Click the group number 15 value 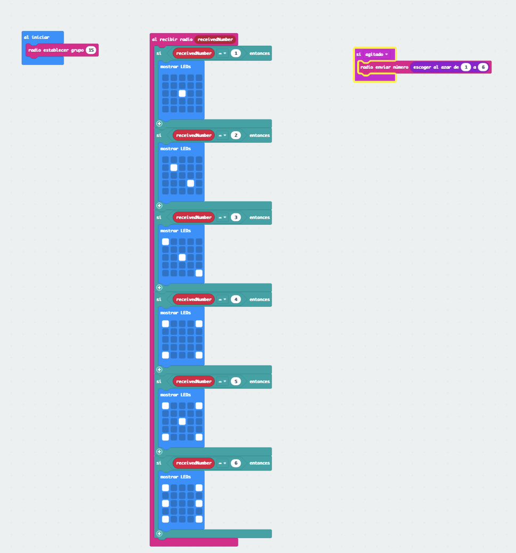tap(91, 50)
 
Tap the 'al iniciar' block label tap(37, 37)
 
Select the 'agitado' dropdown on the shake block tap(376, 54)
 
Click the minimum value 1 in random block tap(466, 67)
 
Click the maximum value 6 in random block tap(483, 67)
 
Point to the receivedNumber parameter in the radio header tap(215, 39)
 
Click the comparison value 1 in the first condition tap(236, 53)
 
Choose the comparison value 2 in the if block tap(236, 135)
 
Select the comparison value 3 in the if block tap(236, 217)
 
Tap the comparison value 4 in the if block tap(236, 299)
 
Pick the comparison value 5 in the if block tap(236, 381)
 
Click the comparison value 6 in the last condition tap(236, 463)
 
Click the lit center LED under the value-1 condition tap(182, 93)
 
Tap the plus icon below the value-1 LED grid tap(159, 124)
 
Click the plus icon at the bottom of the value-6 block tap(159, 533)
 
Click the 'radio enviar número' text tap(384, 67)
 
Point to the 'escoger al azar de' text tap(436, 67)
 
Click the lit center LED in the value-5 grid tap(182, 421)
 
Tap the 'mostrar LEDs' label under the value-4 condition tap(175, 313)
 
